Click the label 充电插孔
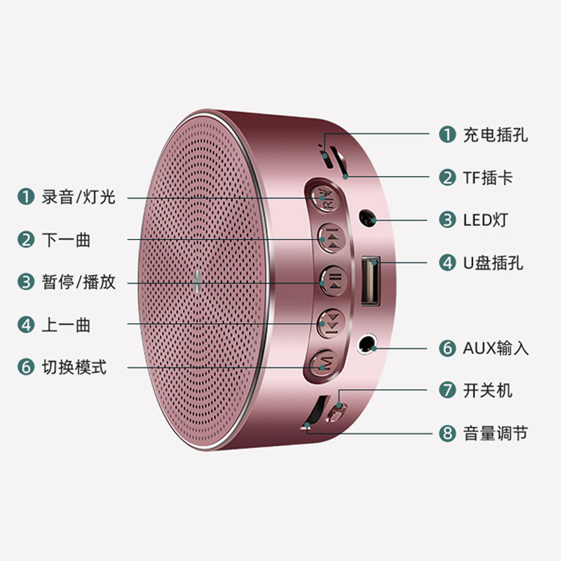click(495, 135)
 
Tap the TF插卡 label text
click(487, 177)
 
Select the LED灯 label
click(485, 220)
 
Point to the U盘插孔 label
click(492, 263)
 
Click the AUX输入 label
click(495, 348)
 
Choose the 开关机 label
click(487, 390)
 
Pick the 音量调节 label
click(495, 433)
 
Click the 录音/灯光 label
click(78, 197)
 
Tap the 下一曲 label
click(66, 240)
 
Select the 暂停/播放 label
click(78, 283)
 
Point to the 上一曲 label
click(66, 325)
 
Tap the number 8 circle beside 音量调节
click(447, 433)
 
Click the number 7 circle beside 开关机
click(447, 390)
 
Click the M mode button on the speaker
click(325, 363)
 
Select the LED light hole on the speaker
click(365, 218)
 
